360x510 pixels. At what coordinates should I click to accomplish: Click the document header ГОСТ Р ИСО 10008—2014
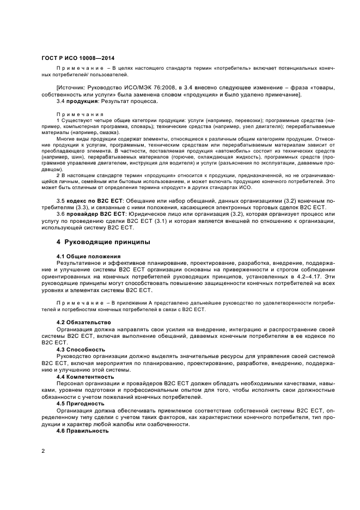coord(78,58)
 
